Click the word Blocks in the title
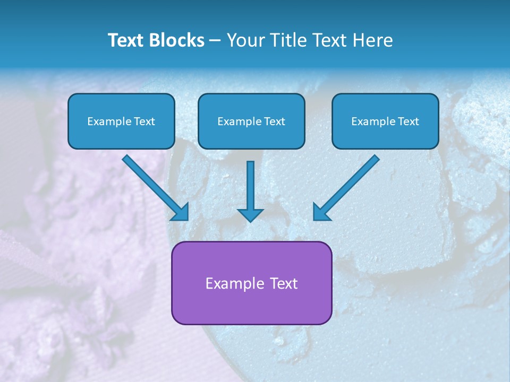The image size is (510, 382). pyautogui.click(x=175, y=40)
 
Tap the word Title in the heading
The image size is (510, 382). pyautogui.click(x=284, y=40)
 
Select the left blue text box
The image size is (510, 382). pyautogui.click(x=121, y=121)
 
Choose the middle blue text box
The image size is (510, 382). pyautogui.click(x=251, y=121)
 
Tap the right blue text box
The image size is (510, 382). pyautogui.click(x=385, y=121)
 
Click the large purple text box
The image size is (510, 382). pyautogui.click(x=251, y=283)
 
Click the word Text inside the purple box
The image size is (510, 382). pyautogui.click(x=284, y=283)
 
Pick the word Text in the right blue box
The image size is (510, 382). pyautogui.click(x=408, y=121)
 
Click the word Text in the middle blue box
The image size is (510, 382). pyautogui.click(x=274, y=121)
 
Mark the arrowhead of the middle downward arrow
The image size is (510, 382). pyautogui.click(x=250, y=214)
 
